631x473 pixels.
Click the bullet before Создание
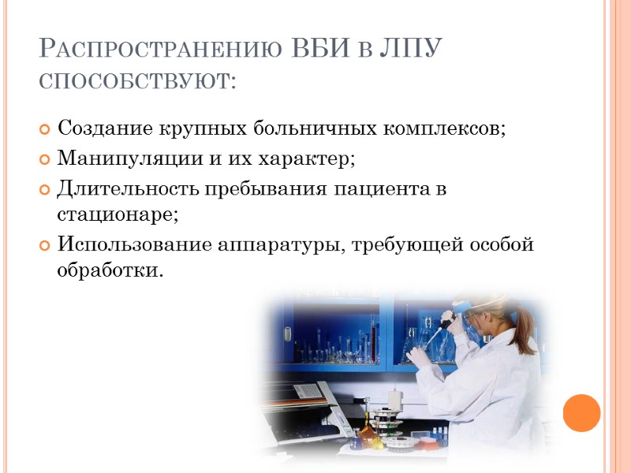point(44,128)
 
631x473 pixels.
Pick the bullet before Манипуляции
point(44,159)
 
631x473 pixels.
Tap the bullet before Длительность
point(44,190)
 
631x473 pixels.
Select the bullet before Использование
point(44,245)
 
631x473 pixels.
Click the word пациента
point(375,190)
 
